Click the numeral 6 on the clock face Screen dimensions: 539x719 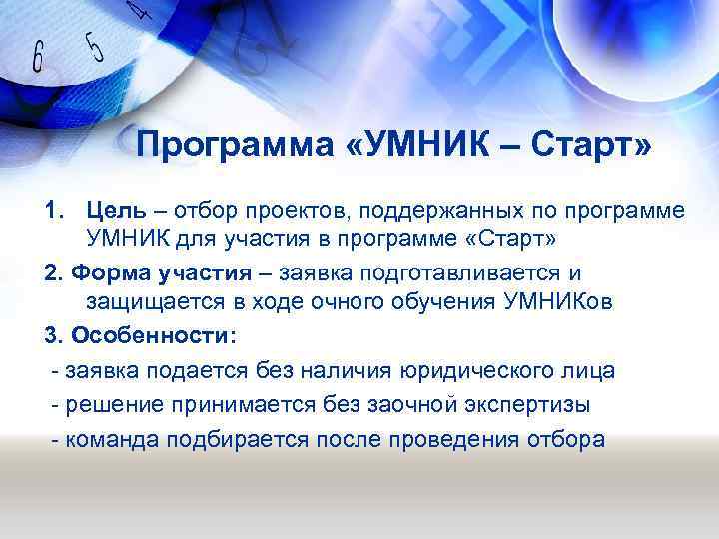point(38,58)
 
